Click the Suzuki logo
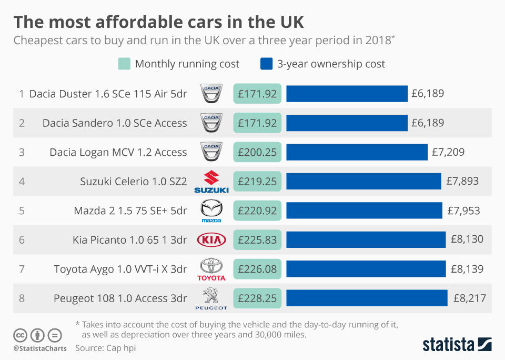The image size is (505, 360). click(x=211, y=182)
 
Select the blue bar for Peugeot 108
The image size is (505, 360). click(x=367, y=298)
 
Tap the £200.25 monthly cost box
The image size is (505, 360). click(x=257, y=152)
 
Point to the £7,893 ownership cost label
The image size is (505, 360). click(x=462, y=182)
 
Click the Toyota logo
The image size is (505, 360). click(x=211, y=269)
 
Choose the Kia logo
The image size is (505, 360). click(x=211, y=240)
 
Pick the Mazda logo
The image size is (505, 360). click(x=211, y=211)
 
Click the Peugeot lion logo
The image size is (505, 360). click(x=211, y=298)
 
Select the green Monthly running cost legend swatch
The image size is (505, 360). click(x=124, y=64)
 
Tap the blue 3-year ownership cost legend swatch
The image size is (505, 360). click(x=266, y=64)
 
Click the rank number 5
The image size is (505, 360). click(x=22, y=211)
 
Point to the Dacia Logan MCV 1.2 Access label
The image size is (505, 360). click(x=118, y=153)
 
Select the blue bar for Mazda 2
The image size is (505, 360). click(x=364, y=211)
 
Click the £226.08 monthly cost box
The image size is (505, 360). click(x=257, y=269)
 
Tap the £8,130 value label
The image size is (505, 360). click(x=467, y=240)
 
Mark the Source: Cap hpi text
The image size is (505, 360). click(x=105, y=348)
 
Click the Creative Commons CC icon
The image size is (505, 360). click(x=20, y=335)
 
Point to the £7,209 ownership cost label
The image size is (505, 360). click(x=448, y=153)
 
